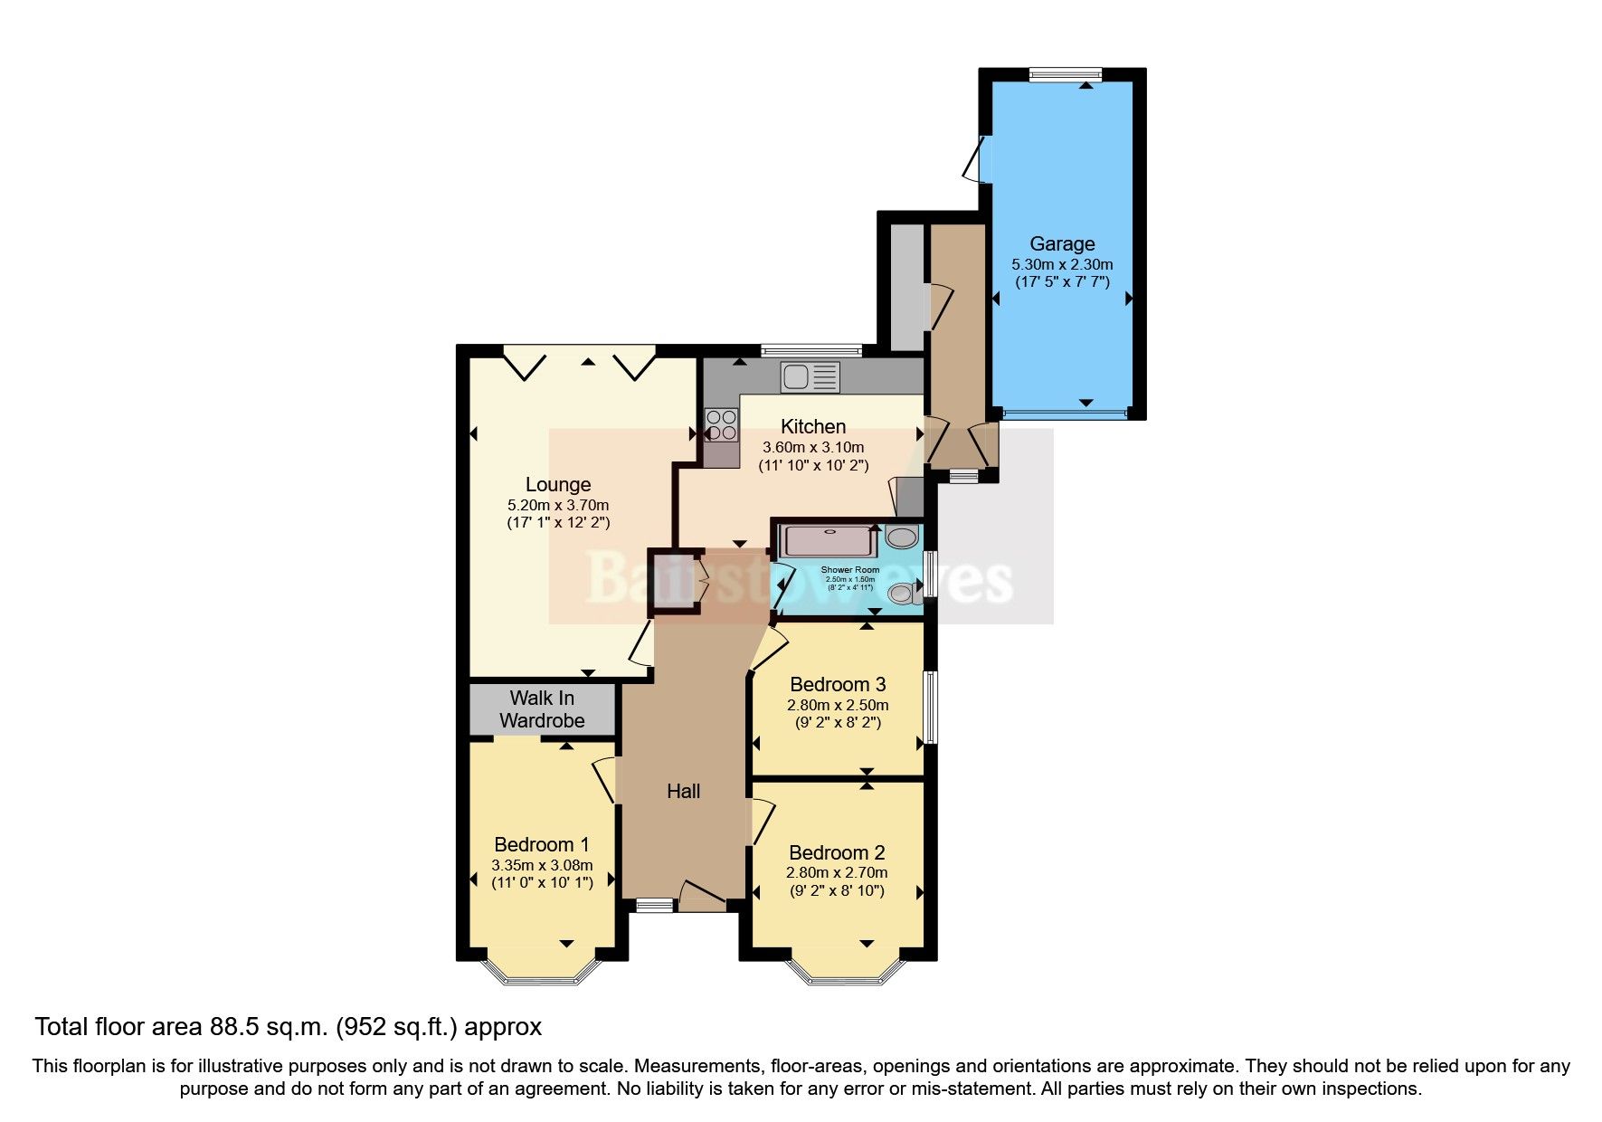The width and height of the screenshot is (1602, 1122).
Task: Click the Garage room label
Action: tap(1062, 243)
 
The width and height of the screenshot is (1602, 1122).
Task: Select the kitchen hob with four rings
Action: tap(721, 424)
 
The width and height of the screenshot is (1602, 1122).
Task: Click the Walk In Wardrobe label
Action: tap(542, 709)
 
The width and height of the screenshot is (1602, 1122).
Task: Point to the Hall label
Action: tap(683, 791)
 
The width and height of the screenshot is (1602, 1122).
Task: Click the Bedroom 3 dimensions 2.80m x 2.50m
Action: tap(838, 705)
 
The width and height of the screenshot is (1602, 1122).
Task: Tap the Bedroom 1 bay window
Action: tap(542, 972)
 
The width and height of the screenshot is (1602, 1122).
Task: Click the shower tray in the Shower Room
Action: tap(827, 541)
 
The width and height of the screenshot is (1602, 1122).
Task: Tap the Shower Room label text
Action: tap(849, 570)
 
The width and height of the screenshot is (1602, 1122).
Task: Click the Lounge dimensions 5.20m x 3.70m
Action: tap(558, 505)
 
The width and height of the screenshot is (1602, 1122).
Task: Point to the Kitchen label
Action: tap(813, 426)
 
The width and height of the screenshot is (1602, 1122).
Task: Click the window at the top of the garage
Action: tap(1065, 74)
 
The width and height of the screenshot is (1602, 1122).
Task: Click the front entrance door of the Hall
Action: tap(703, 896)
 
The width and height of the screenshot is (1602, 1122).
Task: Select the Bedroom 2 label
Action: tap(837, 852)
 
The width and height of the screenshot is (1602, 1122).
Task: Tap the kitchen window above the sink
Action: tap(810, 350)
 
